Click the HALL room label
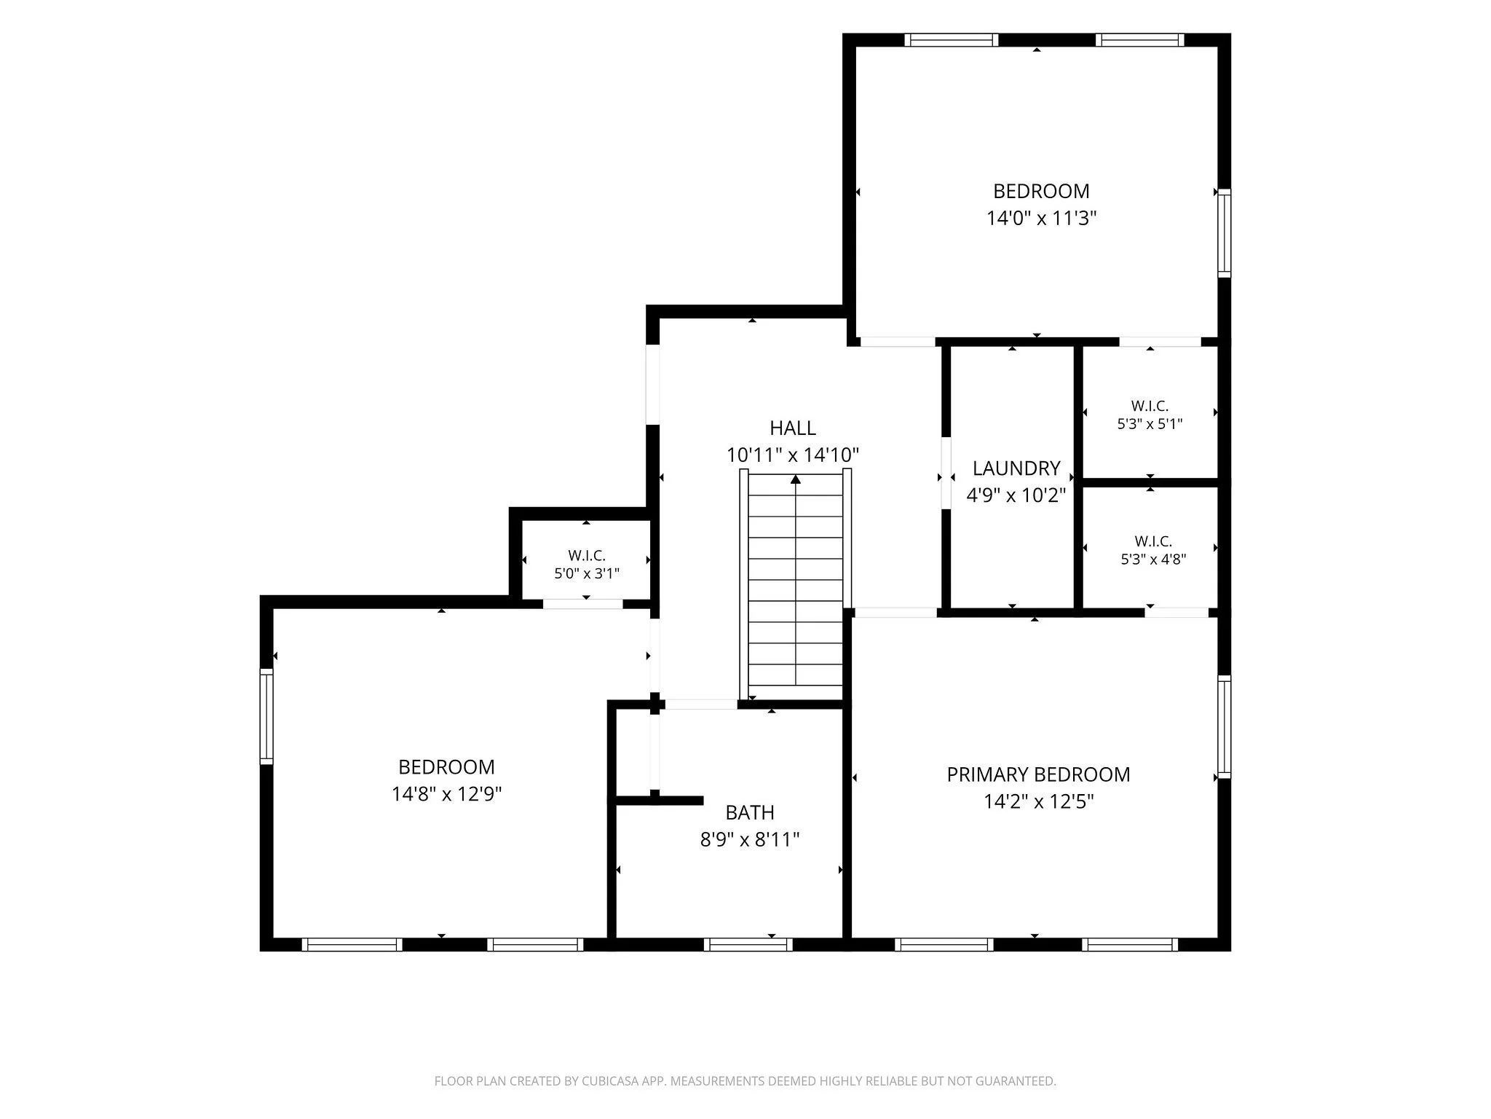click(793, 428)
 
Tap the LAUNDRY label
click(1016, 468)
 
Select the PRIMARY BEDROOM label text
click(1038, 774)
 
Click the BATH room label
click(750, 812)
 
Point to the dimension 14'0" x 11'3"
click(1041, 218)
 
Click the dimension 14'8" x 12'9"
click(447, 794)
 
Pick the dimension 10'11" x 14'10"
click(793, 455)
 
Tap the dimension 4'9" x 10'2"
click(1016, 495)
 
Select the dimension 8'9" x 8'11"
click(750, 840)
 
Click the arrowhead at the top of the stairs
click(796, 479)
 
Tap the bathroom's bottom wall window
click(748, 944)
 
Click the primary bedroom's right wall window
click(1225, 726)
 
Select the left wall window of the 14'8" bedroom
click(266, 716)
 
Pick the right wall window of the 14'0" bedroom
click(1225, 233)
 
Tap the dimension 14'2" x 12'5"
click(1039, 802)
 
